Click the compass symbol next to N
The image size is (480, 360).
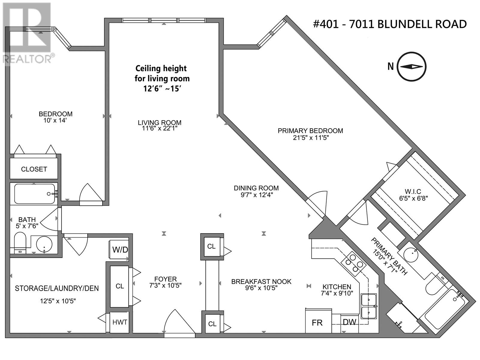tap(412, 67)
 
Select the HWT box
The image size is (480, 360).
tap(120, 322)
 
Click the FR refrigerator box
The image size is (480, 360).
tap(317, 322)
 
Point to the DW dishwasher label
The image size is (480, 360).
tap(349, 322)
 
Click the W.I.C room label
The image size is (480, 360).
tap(413, 191)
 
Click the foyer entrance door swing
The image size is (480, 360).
tap(178, 322)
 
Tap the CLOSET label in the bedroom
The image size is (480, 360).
tap(34, 169)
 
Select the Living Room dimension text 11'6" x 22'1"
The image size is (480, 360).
tap(160, 128)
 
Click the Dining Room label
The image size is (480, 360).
tap(256, 188)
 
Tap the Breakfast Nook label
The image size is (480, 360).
tap(261, 281)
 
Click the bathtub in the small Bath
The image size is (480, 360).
tap(34, 194)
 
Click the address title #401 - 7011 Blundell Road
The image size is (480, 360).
tap(390, 24)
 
